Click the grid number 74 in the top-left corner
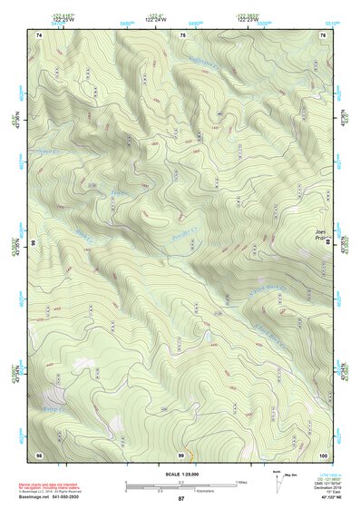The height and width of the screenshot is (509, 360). (39, 34)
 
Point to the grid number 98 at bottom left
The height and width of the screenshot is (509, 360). (39, 454)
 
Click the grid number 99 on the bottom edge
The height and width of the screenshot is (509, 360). (181, 454)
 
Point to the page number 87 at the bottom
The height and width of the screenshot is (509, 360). (180, 499)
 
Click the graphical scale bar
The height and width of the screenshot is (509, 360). (180, 483)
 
